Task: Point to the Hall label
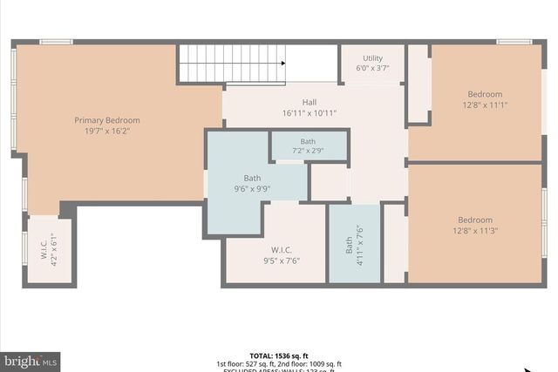(x=309, y=101)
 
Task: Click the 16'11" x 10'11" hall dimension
(x=309, y=113)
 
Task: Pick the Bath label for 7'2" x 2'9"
(x=309, y=141)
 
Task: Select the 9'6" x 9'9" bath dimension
(x=252, y=188)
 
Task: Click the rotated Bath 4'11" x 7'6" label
(x=354, y=241)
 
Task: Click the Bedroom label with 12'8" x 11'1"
(x=485, y=94)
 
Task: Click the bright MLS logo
(x=31, y=360)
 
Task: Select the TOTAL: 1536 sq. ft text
(x=279, y=355)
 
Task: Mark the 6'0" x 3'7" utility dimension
(x=372, y=67)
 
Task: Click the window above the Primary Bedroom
(x=56, y=41)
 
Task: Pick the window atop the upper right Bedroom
(x=514, y=41)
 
